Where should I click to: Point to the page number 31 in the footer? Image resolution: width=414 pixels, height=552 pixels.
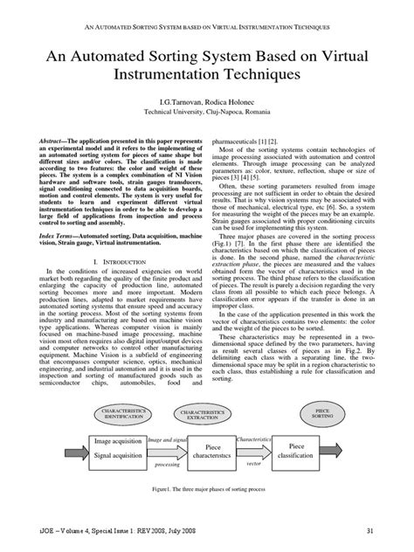click(x=370, y=530)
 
